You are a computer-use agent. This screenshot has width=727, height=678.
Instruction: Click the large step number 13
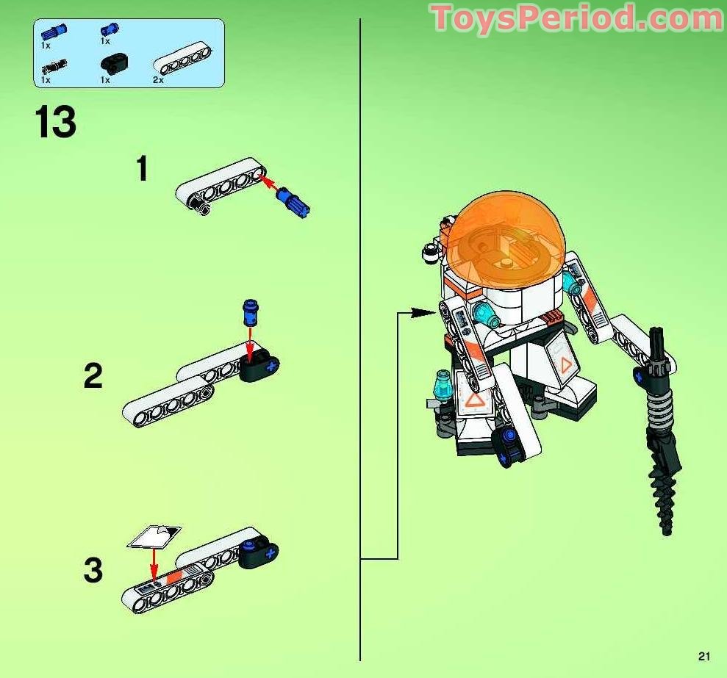(56, 121)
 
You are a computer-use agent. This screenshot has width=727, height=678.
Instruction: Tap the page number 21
(703, 656)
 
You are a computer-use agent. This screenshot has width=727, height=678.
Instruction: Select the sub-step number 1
(143, 169)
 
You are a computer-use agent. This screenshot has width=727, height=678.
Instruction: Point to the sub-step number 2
(93, 376)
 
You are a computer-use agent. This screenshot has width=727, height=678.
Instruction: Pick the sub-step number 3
(93, 570)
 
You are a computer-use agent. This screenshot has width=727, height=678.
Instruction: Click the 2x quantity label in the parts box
(158, 80)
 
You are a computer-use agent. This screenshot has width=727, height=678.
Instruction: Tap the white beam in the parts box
(182, 59)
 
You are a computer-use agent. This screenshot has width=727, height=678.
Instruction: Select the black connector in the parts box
(114, 63)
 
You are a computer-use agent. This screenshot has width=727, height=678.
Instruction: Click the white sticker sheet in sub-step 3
(154, 538)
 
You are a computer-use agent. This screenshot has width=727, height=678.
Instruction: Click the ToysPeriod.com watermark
(577, 18)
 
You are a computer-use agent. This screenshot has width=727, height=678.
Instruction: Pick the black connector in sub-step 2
(259, 365)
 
